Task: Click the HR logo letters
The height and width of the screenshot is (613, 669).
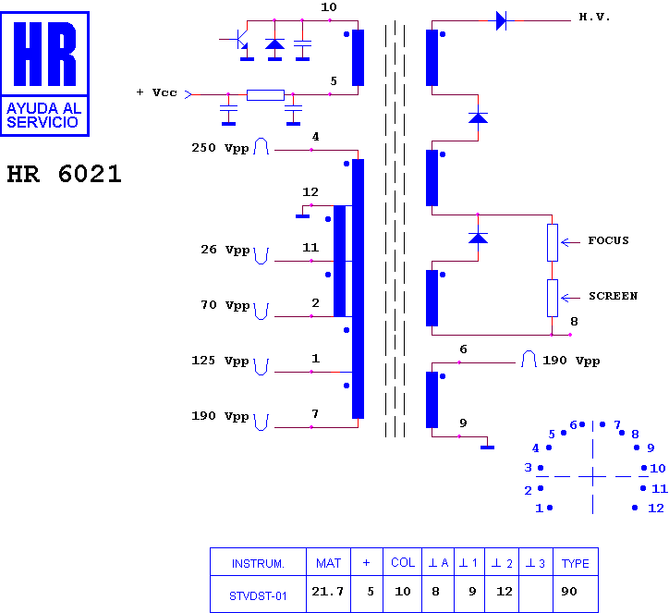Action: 44,55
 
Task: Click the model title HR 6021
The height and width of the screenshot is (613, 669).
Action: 64,174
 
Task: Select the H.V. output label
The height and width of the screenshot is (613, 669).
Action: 594,17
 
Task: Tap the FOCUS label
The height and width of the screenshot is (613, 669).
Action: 608,240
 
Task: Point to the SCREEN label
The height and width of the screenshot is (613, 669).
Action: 614,296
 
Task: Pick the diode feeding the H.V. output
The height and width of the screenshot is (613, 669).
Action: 502,20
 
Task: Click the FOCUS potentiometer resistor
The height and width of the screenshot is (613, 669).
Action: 552,242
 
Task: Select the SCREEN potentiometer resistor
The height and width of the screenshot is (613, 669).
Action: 552,298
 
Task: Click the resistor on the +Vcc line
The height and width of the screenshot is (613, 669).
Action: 265,94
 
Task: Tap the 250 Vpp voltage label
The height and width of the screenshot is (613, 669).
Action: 220,148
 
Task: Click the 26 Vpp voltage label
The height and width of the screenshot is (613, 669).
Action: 225,250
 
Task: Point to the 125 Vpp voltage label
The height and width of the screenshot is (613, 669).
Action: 220,361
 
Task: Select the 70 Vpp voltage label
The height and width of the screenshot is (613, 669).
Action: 225,305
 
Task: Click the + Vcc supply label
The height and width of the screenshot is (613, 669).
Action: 156,92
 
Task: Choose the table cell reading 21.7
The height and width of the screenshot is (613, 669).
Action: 328,592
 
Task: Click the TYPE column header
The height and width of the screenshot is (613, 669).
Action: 575,563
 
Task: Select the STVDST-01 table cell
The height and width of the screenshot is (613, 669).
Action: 258,596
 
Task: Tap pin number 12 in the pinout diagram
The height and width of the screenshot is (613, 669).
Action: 656,508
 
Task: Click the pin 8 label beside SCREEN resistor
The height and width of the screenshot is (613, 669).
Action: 574,322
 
